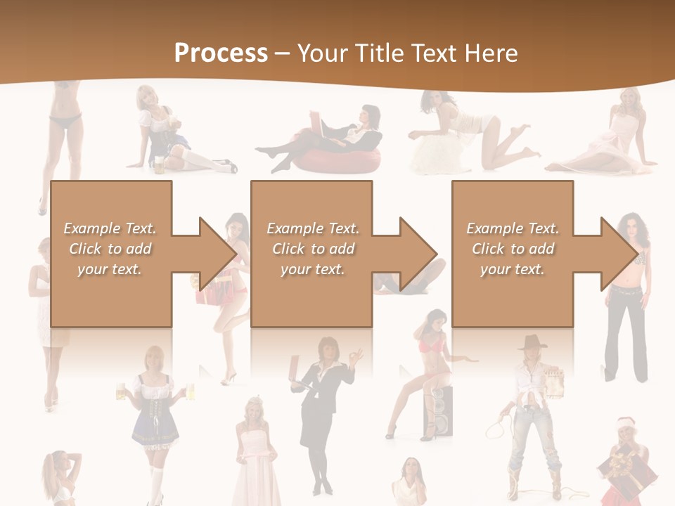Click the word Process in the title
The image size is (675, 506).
click(x=221, y=53)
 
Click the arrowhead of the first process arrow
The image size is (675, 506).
click(x=218, y=254)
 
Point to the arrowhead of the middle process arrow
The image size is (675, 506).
click(x=418, y=254)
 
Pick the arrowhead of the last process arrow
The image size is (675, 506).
click(x=619, y=254)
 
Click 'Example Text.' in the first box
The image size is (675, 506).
click(x=110, y=228)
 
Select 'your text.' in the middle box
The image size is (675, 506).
click(x=312, y=269)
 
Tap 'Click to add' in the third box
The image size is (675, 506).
click(x=513, y=249)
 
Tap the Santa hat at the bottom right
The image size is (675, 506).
click(x=625, y=424)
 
